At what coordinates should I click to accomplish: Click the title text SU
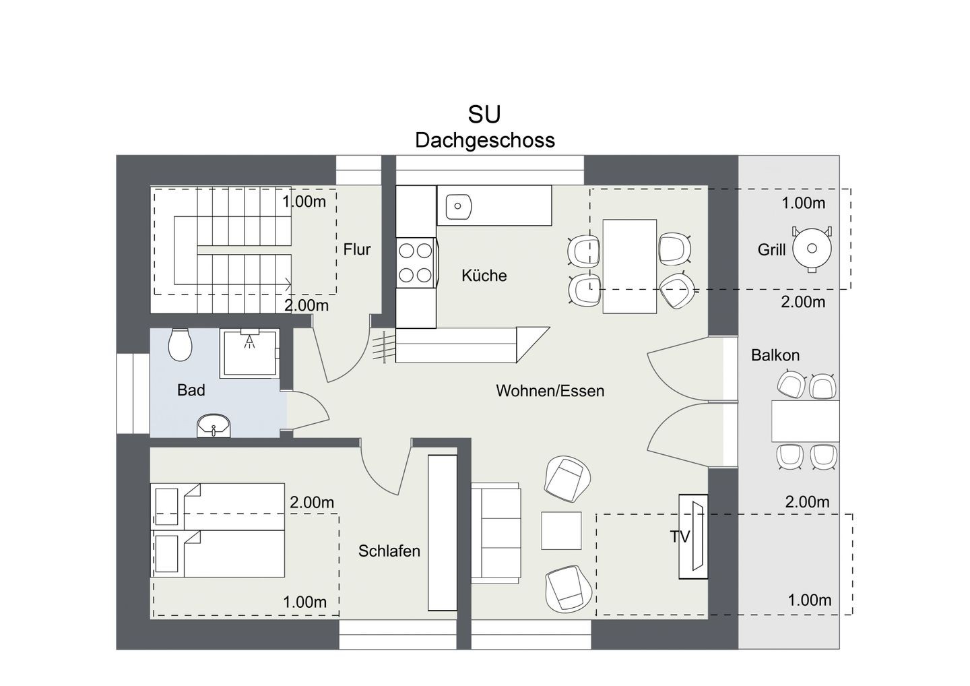coord(484,115)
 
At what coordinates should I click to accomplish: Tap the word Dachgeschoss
coord(485,141)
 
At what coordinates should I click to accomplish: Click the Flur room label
coord(357,249)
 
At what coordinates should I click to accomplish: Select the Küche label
coord(484,276)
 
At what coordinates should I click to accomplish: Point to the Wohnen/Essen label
coord(550,391)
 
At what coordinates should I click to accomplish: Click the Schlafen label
coord(389,551)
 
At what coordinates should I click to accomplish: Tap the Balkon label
coord(775,355)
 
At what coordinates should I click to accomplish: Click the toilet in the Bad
coord(180,345)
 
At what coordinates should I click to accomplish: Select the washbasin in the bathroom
coord(214,426)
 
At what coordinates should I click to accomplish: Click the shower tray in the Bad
coord(249,353)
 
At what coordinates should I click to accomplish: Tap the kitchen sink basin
coord(459,207)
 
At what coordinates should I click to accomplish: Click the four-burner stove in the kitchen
coord(416,263)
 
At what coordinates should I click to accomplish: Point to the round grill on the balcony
coord(812,249)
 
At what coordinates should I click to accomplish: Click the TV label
coord(680,537)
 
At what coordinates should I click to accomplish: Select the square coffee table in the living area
coord(561,530)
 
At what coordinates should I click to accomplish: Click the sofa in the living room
coord(496,533)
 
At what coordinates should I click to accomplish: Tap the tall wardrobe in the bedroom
coord(443,532)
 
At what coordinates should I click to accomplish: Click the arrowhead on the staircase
coord(288,284)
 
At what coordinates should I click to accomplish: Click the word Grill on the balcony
coord(771,250)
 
